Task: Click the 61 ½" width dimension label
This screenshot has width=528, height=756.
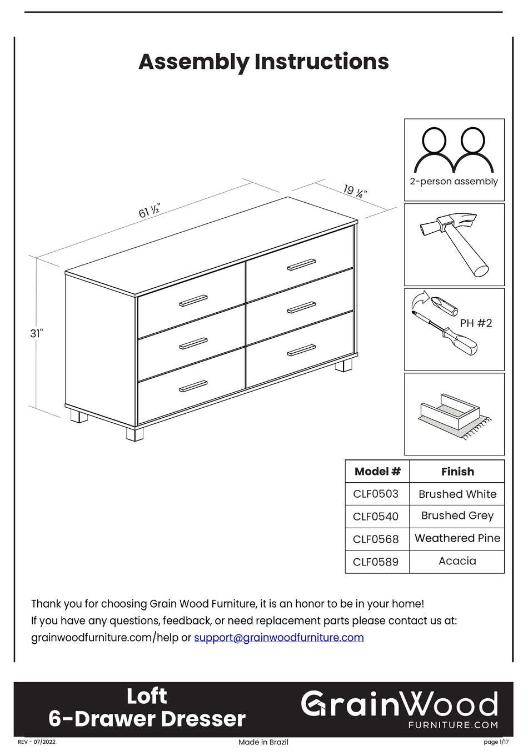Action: tap(150, 211)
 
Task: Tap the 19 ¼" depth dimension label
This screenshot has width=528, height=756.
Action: tap(355, 192)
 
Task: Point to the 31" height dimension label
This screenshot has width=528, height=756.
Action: tap(37, 333)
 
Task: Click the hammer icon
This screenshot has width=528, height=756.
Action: tap(454, 244)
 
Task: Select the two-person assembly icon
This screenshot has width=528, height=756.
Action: tap(454, 151)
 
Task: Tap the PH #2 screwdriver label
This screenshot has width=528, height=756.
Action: tap(476, 323)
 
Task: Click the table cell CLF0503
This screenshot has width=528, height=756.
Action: tap(376, 494)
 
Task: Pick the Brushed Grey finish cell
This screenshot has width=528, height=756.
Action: tap(457, 515)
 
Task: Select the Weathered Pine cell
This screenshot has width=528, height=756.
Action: tap(457, 538)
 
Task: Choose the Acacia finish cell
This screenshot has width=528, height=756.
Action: tap(457, 561)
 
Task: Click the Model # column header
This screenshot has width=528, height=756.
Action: tap(377, 472)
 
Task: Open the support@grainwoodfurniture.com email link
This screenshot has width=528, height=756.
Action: tap(278, 638)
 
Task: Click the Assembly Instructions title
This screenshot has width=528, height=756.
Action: tap(263, 62)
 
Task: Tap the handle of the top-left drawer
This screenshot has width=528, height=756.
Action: tap(193, 301)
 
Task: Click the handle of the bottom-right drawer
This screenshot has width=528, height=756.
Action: tap(301, 351)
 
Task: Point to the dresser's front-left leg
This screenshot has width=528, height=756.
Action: tap(135, 433)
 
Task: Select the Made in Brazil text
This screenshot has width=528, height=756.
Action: tap(263, 742)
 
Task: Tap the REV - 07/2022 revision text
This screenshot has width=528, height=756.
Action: tap(37, 742)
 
